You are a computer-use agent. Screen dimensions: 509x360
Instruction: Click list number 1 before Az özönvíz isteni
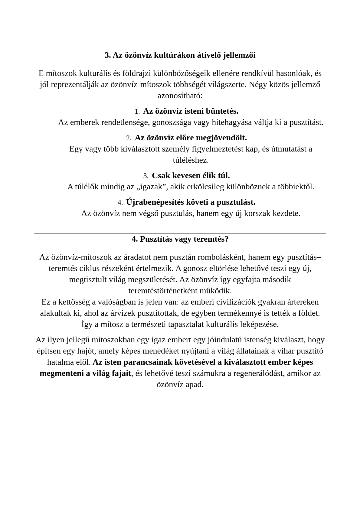(137, 112)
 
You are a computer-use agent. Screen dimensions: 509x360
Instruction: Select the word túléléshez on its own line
(191, 160)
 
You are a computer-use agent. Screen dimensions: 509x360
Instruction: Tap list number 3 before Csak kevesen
(146, 176)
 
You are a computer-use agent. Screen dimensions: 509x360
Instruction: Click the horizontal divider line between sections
(180, 233)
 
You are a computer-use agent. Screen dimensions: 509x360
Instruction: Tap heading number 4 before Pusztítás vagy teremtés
(134, 239)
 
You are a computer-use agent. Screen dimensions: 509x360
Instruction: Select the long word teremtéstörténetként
(163, 291)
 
